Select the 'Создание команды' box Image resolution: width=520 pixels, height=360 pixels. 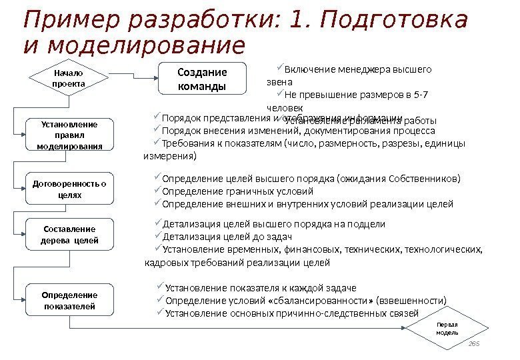click(x=202, y=78)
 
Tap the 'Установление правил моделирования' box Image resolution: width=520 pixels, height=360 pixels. click(x=69, y=135)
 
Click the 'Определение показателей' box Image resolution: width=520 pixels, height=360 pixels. click(x=69, y=300)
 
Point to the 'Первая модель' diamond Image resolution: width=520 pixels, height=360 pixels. click(x=447, y=327)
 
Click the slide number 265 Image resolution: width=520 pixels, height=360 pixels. click(x=474, y=343)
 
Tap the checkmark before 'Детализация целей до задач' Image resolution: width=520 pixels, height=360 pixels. click(x=157, y=237)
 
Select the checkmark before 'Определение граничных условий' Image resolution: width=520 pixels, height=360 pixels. click(x=157, y=191)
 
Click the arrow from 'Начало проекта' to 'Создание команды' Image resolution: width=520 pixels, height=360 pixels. click(x=133, y=78)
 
